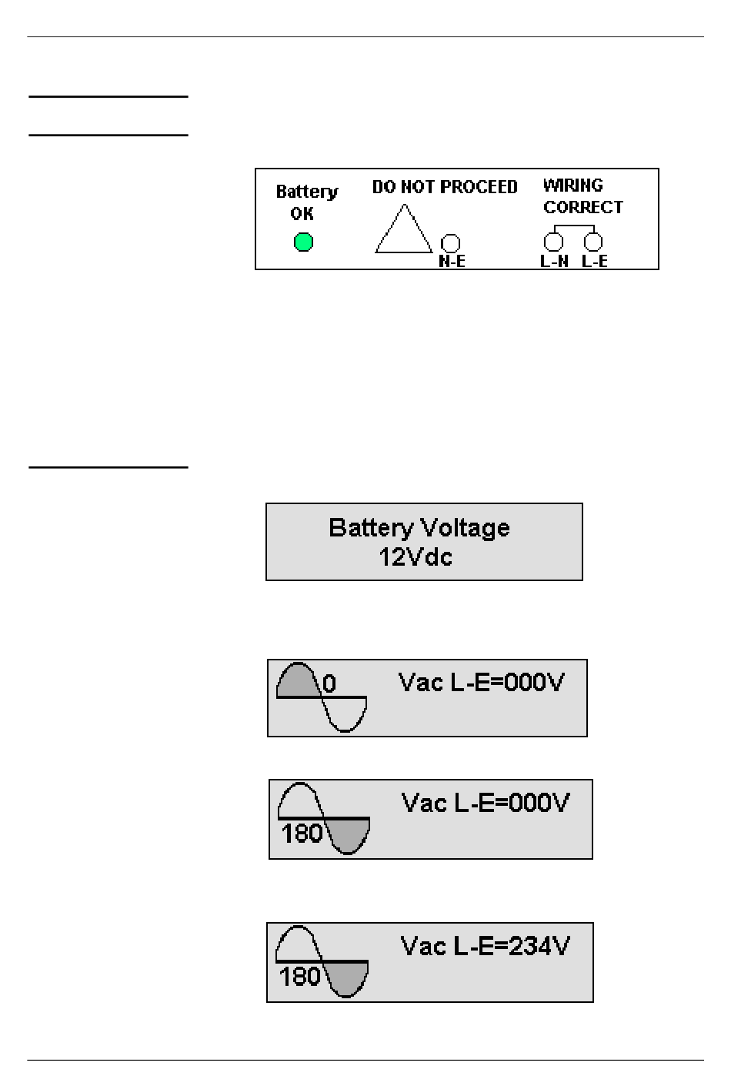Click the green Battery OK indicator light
click(303, 242)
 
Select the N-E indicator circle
click(450, 243)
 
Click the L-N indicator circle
click(553, 242)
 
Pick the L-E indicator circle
click(593, 242)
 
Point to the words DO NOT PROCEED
click(445, 187)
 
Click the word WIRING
click(573, 185)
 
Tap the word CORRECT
click(583, 207)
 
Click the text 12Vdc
click(416, 557)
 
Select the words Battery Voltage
click(419, 528)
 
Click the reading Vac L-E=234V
click(485, 946)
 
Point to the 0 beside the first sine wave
click(329, 683)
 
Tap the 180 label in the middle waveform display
click(302, 834)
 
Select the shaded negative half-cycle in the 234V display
click(345, 978)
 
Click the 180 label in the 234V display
click(299, 977)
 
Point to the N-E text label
click(452, 262)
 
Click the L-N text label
click(554, 262)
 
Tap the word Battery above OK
click(307, 192)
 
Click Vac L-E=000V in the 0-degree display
click(481, 683)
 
